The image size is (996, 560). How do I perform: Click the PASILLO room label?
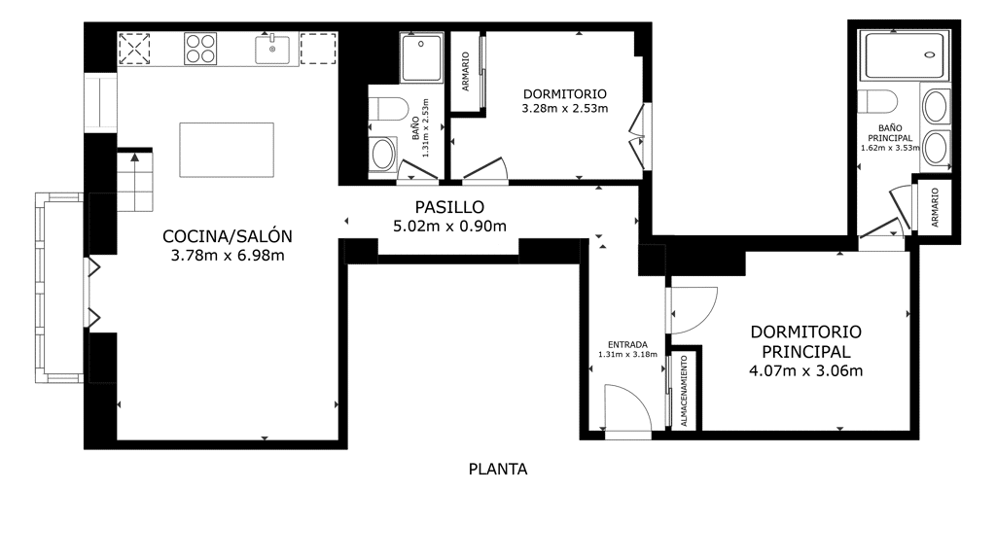[449, 207]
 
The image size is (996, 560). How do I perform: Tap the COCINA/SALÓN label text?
[228, 236]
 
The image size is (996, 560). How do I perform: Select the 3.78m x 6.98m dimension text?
[228, 256]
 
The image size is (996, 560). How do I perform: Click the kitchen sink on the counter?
[272, 49]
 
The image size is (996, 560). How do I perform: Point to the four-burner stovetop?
[200, 49]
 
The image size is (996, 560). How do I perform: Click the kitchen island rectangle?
[227, 150]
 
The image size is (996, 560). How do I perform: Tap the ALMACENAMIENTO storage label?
[684, 391]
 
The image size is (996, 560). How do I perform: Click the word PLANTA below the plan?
[498, 470]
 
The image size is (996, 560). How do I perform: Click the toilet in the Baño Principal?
[877, 101]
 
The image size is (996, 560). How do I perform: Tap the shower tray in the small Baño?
[421, 57]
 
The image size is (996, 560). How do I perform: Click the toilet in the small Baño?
[389, 109]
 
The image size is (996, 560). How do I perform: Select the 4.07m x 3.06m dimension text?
[806, 370]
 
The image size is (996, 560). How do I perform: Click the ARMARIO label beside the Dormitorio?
[466, 72]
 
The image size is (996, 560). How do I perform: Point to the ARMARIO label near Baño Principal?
[935, 208]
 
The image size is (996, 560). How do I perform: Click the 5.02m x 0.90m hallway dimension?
[449, 226]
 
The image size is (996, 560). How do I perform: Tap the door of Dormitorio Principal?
[694, 311]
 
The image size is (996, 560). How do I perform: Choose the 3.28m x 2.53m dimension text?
[565, 109]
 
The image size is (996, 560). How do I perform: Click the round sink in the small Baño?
[382, 154]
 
